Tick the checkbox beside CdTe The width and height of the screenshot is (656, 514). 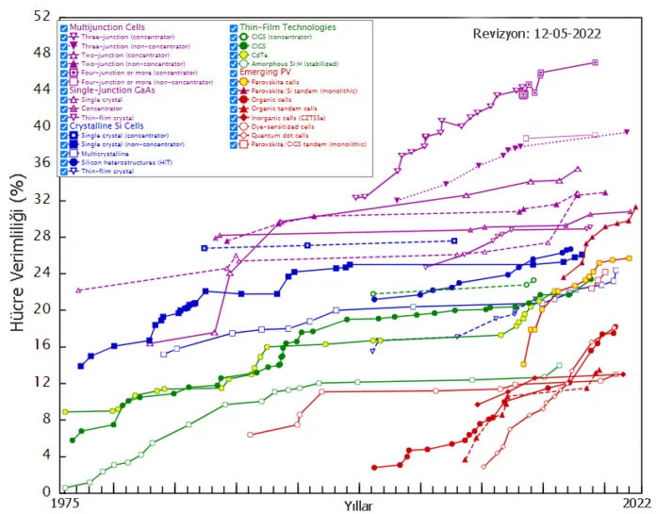(235, 55)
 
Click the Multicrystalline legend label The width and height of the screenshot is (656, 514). (105, 153)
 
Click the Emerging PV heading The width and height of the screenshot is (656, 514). (267, 72)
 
